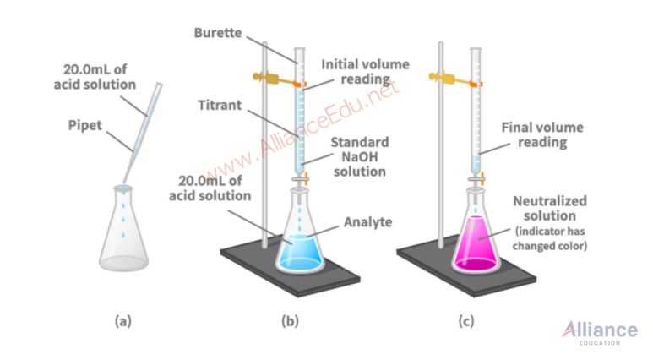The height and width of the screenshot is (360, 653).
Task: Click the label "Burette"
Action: click(218, 33)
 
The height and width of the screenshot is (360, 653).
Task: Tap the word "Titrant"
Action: click(220, 105)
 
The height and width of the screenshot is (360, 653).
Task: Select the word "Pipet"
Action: click(85, 125)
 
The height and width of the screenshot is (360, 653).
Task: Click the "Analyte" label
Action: click(367, 222)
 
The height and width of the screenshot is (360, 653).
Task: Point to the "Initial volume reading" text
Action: click(365, 72)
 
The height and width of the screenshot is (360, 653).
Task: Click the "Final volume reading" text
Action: click(542, 134)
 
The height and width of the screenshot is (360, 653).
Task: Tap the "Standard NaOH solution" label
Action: click(360, 156)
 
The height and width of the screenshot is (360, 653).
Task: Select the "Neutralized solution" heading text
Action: click(550, 209)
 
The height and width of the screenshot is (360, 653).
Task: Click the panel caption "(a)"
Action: click(122, 321)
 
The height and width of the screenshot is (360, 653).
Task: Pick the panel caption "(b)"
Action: click(291, 321)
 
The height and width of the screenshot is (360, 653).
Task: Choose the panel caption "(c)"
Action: click(466, 321)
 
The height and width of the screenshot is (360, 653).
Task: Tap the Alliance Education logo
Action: click(600, 332)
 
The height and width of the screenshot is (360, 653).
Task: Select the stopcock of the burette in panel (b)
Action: click(300, 179)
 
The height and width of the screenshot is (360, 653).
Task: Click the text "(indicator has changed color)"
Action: click(550, 238)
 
